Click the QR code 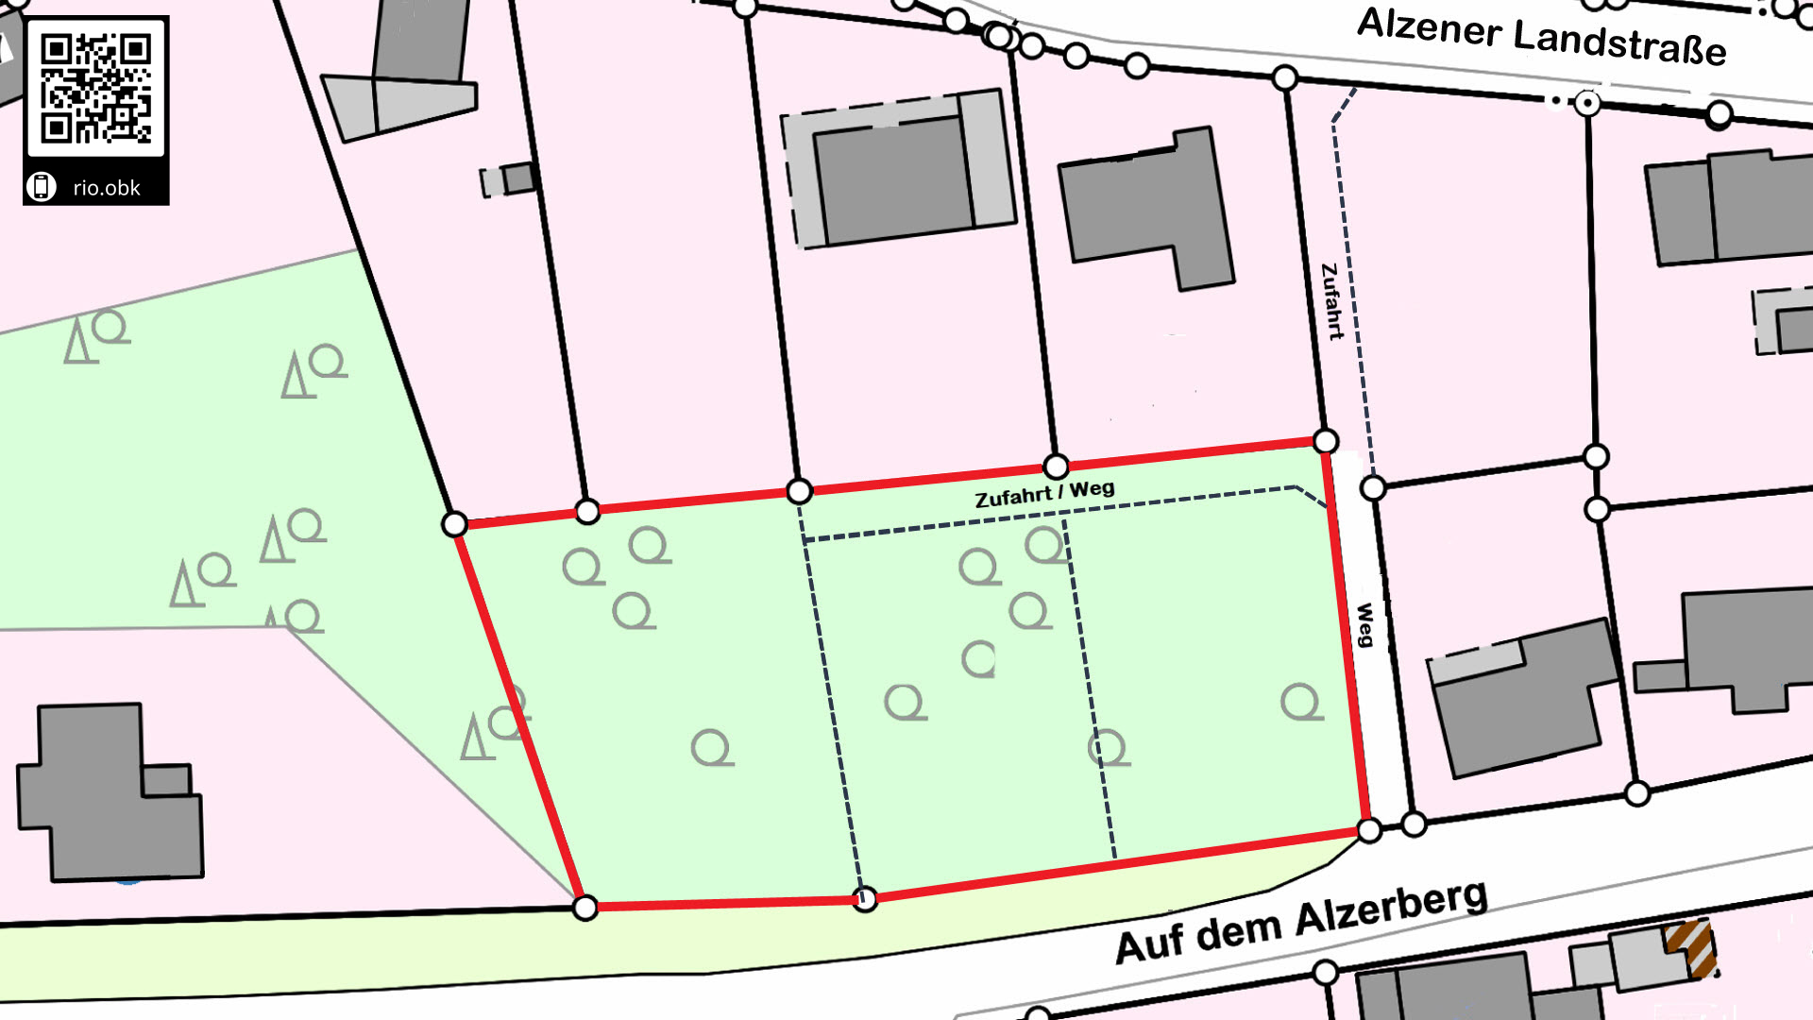click(95, 87)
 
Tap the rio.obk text click(106, 188)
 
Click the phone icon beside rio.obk click(41, 187)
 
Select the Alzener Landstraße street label click(1541, 37)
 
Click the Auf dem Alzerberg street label click(1301, 921)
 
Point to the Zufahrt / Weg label click(1044, 493)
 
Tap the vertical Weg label click(1364, 624)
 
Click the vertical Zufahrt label click(1331, 301)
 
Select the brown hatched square click(1688, 947)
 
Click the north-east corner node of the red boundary click(1326, 441)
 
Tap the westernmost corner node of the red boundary click(454, 524)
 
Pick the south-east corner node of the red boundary click(1368, 831)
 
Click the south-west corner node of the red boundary click(585, 909)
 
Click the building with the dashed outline click(897, 170)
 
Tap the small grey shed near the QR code click(510, 179)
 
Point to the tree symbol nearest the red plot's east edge click(1300, 702)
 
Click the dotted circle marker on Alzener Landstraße click(1588, 103)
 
